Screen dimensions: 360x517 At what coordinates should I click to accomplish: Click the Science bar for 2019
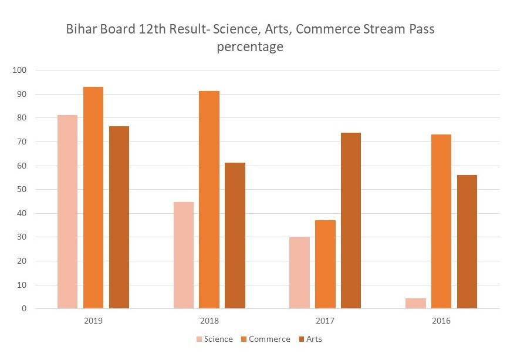(67, 211)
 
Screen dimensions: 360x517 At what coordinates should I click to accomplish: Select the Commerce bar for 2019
(93, 197)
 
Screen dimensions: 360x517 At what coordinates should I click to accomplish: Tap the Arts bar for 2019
(119, 217)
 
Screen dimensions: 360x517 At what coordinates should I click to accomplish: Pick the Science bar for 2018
(184, 255)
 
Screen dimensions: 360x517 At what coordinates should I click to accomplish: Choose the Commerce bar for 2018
(209, 200)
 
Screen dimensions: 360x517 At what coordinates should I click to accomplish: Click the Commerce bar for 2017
(325, 264)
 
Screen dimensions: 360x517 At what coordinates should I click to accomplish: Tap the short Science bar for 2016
(416, 303)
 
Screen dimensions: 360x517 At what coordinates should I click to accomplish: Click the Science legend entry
(215, 339)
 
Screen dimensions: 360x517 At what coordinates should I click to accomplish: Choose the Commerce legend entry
(265, 339)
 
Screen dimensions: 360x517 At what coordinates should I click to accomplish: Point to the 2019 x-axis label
(93, 321)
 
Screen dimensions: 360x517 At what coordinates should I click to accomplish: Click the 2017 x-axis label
(325, 321)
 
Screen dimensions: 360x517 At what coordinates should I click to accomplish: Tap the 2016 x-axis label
(441, 321)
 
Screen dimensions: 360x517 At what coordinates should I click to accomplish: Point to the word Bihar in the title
(82, 29)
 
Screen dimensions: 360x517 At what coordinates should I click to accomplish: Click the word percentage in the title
(250, 47)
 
